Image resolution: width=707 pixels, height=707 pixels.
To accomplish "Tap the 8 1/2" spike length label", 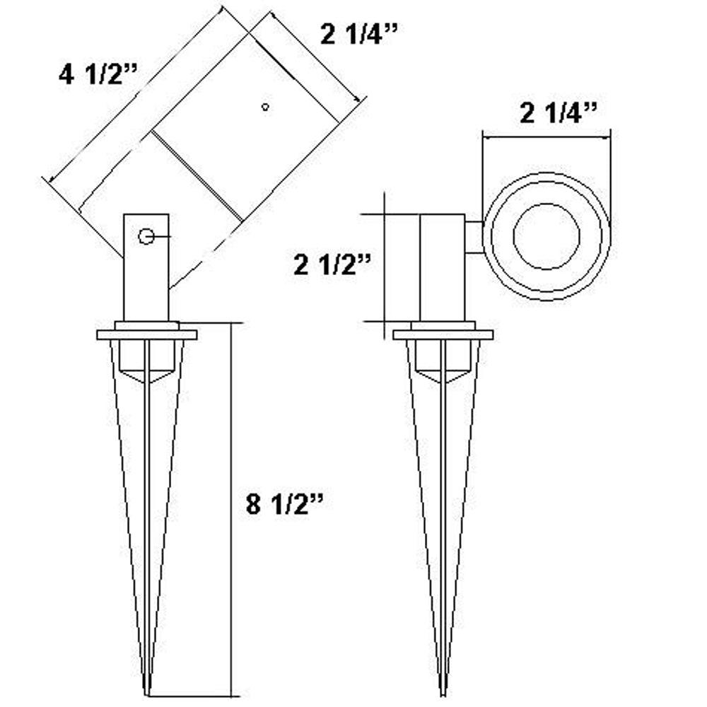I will pyautogui.click(x=285, y=506).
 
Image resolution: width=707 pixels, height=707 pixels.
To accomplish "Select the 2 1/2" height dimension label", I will pyautogui.click(x=332, y=265).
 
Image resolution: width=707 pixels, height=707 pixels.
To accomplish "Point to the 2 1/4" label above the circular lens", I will pyautogui.click(x=559, y=113).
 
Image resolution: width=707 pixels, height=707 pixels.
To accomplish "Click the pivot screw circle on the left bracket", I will pyautogui.click(x=146, y=237).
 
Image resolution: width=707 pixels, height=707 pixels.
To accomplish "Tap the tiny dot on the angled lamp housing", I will pyautogui.click(x=265, y=107).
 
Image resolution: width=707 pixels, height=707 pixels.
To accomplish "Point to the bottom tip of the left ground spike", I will pyautogui.click(x=147, y=691).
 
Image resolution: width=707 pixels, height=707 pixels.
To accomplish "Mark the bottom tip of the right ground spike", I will pyautogui.click(x=443, y=691).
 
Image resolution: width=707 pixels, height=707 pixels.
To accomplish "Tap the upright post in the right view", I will pyautogui.click(x=443, y=269).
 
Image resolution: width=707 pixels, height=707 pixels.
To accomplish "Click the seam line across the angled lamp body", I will pyautogui.click(x=197, y=176).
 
